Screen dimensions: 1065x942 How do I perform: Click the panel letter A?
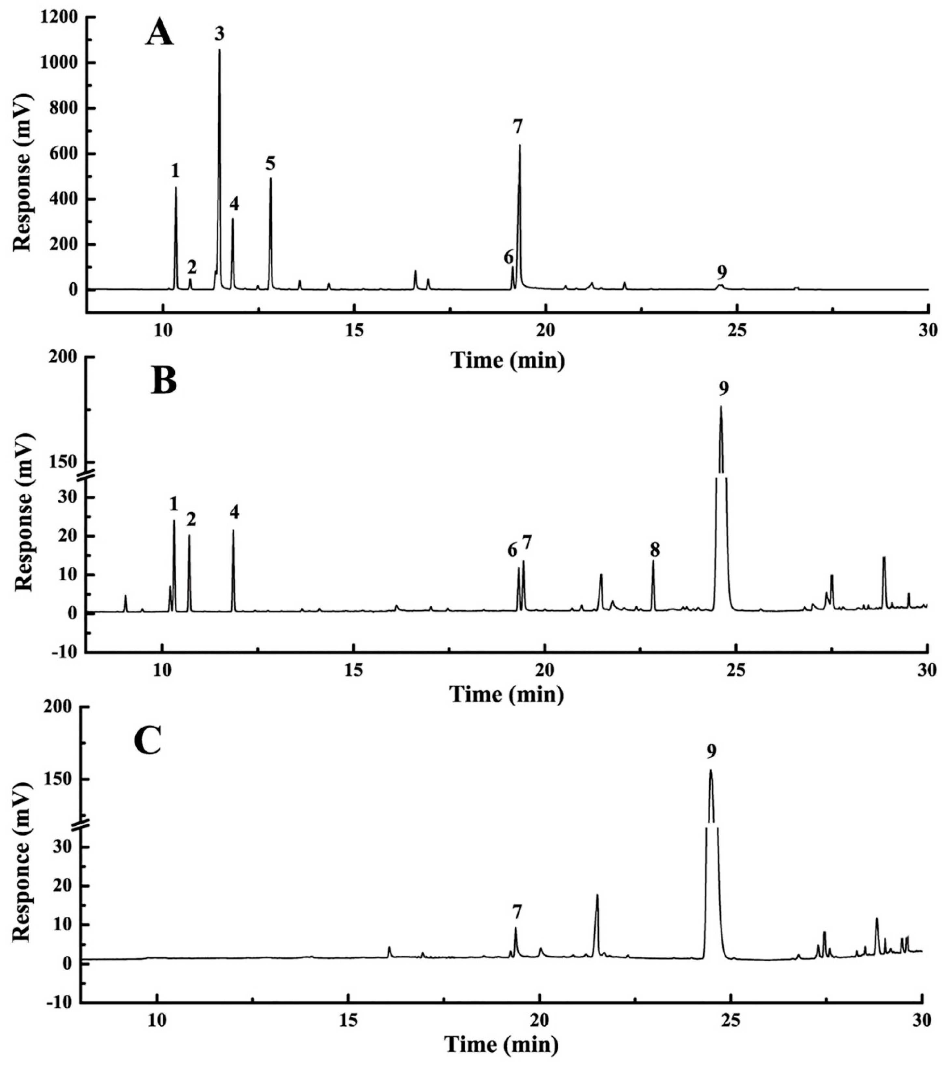(x=159, y=34)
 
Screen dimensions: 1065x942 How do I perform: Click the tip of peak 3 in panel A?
(x=219, y=50)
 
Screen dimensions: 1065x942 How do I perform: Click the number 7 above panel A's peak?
(x=518, y=127)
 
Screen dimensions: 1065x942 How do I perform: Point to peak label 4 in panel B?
(x=235, y=512)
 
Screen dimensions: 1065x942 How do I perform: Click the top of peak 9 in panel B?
(x=721, y=407)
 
